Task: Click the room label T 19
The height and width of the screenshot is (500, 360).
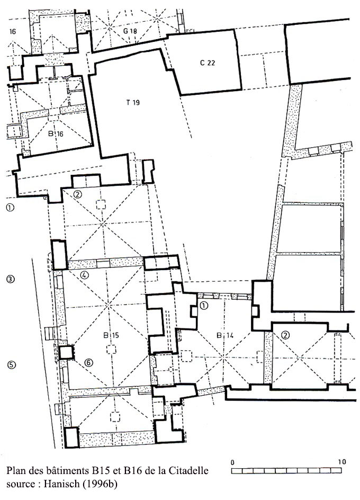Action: [x=133, y=102]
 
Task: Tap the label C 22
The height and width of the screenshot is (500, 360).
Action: [x=207, y=63]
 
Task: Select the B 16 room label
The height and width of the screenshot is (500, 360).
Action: [x=56, y=133]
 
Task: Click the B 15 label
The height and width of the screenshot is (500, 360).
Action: [x=111, y=335]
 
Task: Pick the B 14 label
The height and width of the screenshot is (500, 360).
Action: [x=225, y=335]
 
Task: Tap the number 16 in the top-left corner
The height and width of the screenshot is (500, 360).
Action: [x=13, y=32]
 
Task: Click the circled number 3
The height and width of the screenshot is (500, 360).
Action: [x=10, y=279]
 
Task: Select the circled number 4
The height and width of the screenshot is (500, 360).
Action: [x=85, y=274]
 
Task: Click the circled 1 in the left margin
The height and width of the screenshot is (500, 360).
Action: [x=10, y=208]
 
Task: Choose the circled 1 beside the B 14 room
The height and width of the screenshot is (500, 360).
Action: [x=203, y=306]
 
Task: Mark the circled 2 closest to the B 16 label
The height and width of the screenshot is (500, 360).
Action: [x=78, y=193]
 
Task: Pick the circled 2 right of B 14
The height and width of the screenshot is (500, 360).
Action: [x=285, y=335]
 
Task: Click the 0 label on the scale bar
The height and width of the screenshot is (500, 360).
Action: [x=232, y=462]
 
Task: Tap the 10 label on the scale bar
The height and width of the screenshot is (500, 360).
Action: [x=342, y=462]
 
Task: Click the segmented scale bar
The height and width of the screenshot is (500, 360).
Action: [x=286, y=471]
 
